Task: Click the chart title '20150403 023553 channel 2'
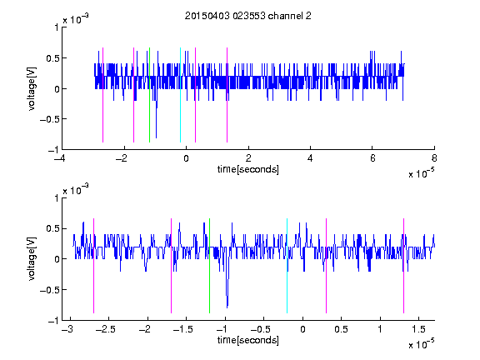tap(248, 16)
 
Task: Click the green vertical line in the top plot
tap(149, 95)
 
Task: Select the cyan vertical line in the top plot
tap(180, 95)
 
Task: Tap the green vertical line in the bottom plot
tap(209, 266)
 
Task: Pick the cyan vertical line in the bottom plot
tap(287, 266)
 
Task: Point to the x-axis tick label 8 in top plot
tap(434, 158)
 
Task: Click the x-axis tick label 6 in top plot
tap(372, 158)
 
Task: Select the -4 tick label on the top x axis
tap(60, 158)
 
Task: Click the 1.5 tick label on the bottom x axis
tap(418, 329)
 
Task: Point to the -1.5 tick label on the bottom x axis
tap(182, 329)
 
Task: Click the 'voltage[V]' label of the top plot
tap(32, 89)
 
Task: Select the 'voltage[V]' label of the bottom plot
tap(32, 259)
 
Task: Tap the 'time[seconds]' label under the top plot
tap(248, 169)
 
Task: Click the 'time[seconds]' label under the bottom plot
tap(248, 340)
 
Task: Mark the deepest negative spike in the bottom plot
tap(227, 306)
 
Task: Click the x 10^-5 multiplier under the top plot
tap(421, 173)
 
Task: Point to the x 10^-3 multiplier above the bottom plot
tap(76, 190)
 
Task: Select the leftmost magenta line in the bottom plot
tap(93, 266)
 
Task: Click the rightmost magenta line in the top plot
tap(227, 95)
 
